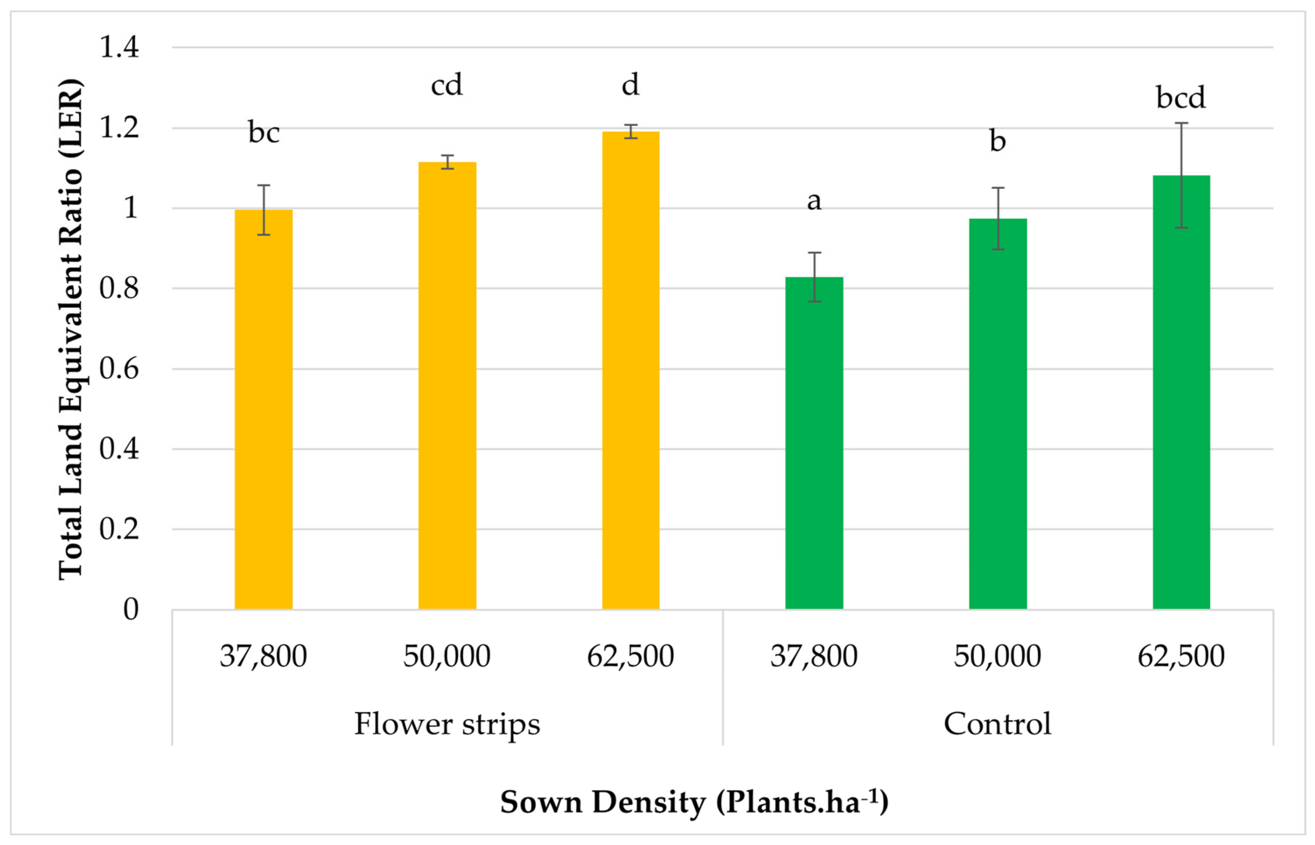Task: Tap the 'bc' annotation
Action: (x=264, y=133)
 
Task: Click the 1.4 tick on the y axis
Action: (x=119, y=47)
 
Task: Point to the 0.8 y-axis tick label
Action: (x=119, y=289)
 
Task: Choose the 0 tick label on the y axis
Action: (x=130, y=609)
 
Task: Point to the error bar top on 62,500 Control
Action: (x=1181, y=123)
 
